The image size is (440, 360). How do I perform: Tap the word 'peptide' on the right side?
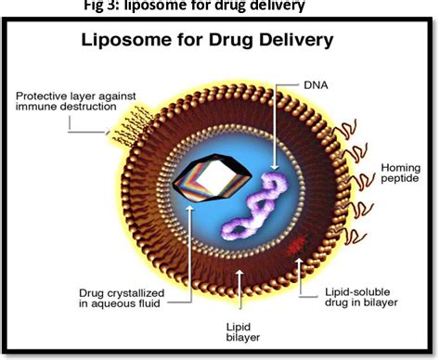coord(403,182)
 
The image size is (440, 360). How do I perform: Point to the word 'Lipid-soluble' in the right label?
coord(352,291)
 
